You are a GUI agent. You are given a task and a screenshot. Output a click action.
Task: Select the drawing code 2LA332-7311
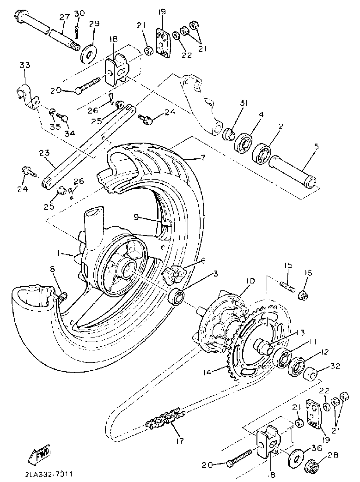point(45,474)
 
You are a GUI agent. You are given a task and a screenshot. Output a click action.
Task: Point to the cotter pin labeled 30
point(77,30)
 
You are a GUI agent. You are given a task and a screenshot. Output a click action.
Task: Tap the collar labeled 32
point(311,373)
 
